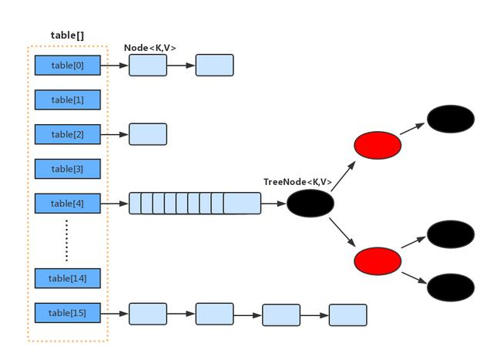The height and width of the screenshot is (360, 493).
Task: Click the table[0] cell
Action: [68, 66]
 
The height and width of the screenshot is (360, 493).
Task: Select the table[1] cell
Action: [68, 100]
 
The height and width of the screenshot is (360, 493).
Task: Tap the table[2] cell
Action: [68, 134]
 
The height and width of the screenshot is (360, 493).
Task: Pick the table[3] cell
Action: [68, 169]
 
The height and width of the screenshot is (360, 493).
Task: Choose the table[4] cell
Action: [68, 204]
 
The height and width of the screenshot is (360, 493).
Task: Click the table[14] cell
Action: [68, 278]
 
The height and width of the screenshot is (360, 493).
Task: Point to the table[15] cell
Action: [68, 313]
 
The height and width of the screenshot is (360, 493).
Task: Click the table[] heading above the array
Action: [68, 35]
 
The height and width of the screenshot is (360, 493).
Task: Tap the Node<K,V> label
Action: [150, 48]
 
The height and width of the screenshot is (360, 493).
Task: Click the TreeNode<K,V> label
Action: [298, 182]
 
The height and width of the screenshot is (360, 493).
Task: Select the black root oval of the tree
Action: [310, 204]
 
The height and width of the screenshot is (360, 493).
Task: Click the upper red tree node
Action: [377, 145]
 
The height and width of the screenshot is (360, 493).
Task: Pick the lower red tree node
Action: [377, 261]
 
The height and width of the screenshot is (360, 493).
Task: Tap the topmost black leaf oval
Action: [451, 119]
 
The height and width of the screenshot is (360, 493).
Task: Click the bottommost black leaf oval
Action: [451, 287]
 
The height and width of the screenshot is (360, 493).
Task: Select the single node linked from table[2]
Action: [148, 134]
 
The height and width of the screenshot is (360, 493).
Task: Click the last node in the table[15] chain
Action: [348, 315]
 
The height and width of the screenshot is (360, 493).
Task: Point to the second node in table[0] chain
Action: [214, 66]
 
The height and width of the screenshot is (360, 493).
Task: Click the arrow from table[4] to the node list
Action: [115, 204]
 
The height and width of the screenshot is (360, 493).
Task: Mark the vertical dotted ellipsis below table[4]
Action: [67, 241]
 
